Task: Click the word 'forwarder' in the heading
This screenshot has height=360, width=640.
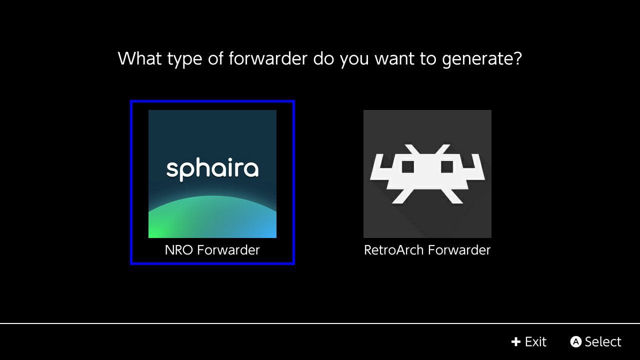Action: (267, 58)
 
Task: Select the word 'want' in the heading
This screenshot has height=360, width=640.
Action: (394, 59)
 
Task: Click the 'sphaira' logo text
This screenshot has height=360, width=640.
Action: (212, 169)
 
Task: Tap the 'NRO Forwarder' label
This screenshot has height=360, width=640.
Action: (212, 250)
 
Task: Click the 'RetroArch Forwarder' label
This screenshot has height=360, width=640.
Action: (427, 250)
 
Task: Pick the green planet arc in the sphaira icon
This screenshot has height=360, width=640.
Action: (212, 216)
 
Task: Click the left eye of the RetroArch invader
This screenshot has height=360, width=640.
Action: (408, 167)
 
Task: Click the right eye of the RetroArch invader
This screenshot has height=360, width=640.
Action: (447, 167)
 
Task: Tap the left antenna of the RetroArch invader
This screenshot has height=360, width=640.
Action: (412, 149)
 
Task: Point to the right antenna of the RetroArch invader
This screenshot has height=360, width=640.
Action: (442, 149)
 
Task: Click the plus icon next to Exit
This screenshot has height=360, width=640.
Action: (516, 341)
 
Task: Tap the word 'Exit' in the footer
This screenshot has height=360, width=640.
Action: (535, 341)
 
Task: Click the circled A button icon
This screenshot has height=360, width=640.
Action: (575, 341)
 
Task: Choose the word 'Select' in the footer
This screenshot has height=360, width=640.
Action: (603, 341)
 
